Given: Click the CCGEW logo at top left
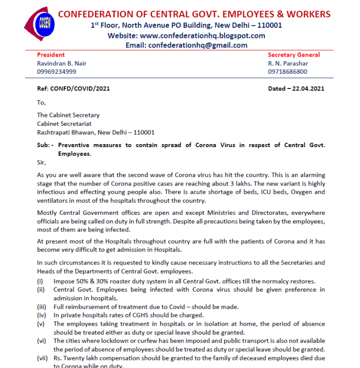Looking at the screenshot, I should [39, 23].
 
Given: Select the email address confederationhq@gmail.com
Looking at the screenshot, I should [198, 45].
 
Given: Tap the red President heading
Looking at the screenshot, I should [51, 55].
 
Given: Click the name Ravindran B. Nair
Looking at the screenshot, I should [62, 63].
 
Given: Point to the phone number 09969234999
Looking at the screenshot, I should [57, 72].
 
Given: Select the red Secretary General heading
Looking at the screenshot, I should [294, 55].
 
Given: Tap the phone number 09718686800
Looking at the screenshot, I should [288, 72].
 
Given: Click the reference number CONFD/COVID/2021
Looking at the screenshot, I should [80, 88].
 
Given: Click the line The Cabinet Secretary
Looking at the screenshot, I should [68, 115].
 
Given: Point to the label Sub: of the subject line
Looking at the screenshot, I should [44, 145].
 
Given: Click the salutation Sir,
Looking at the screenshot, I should [41, 162].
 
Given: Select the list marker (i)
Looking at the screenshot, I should [40, 281].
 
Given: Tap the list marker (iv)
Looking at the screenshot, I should [41, 315].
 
